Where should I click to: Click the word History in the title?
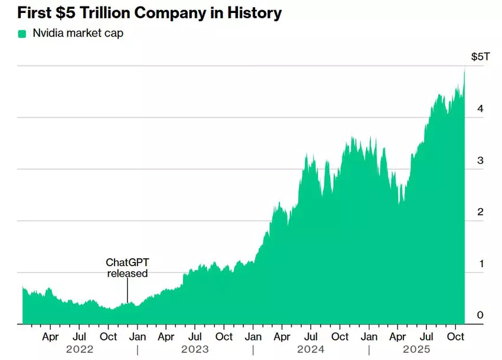251,12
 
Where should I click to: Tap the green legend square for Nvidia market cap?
22,34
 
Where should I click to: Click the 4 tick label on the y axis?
480,109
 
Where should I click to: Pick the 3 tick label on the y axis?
480,160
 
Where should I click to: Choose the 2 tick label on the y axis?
480,212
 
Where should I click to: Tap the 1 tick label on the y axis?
480,264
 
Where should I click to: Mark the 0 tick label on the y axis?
480,315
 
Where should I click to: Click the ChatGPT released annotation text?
126,268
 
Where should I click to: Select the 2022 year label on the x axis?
80,349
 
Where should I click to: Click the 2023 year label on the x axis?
195,349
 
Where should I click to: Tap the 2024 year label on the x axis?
311,349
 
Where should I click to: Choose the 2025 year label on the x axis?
417,349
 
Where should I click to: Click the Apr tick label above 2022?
51,337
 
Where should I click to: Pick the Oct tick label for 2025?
455,337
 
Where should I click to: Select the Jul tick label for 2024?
311,337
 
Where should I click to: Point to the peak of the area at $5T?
465,68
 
